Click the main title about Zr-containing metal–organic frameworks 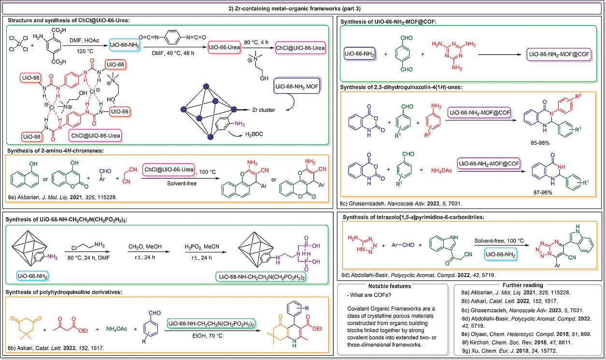[295, 9]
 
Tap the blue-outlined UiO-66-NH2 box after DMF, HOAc [125, 45]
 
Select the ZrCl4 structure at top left [19, 44]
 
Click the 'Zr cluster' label [264, 110]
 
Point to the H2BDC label [254, 134]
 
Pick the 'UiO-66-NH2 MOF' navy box [297, 86]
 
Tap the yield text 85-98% [540, 143]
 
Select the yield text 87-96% [543, 193]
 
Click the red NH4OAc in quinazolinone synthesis [441, 170]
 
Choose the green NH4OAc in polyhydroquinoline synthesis [116, 329]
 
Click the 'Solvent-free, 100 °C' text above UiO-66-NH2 [499, 240]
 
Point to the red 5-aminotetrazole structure [362, 245]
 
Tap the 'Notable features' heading [390, 286]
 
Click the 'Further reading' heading [522, 285]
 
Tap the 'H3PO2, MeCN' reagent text [202, 247]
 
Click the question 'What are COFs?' [369, 295]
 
